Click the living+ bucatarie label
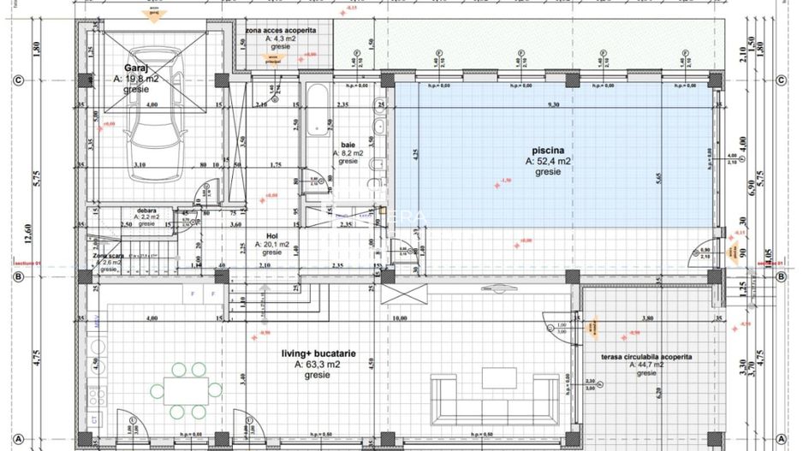(318, 353)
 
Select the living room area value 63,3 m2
(318, 364)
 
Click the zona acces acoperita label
(281, 30)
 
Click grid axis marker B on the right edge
(780, 277)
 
